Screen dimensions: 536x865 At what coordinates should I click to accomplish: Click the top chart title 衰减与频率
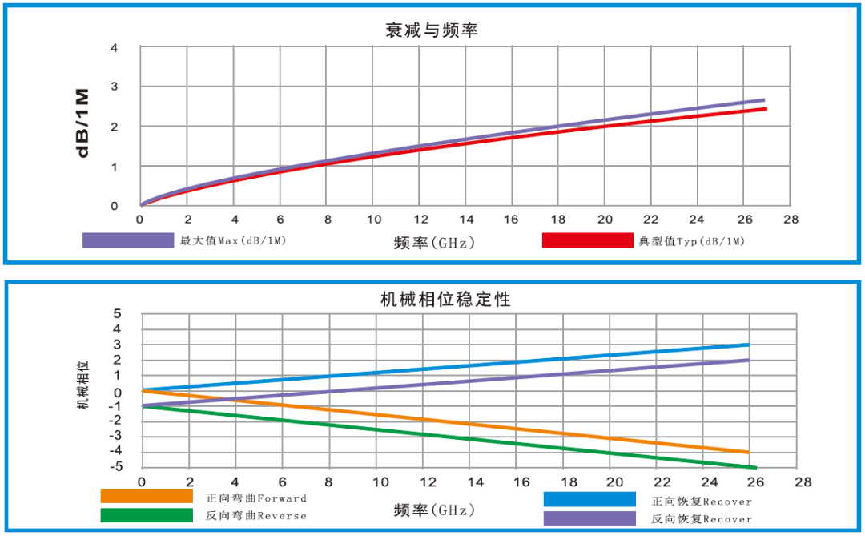tap(432, 30)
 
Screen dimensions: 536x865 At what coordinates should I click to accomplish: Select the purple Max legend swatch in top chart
tap(128, 240)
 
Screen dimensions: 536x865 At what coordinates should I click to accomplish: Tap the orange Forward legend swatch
tap(147, 497)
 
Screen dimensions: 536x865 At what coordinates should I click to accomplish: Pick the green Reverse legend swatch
tap(147, 515)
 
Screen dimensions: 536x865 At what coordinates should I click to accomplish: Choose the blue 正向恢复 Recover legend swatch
tap(589, 499)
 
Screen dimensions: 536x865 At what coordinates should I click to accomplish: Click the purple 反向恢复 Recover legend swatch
tap(589, 518)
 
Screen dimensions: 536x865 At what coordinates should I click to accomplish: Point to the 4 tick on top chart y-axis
tap(115, 48)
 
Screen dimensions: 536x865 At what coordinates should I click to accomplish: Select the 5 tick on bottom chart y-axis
tap(117, 314)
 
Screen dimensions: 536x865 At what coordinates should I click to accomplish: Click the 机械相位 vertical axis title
tap(83, 385)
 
